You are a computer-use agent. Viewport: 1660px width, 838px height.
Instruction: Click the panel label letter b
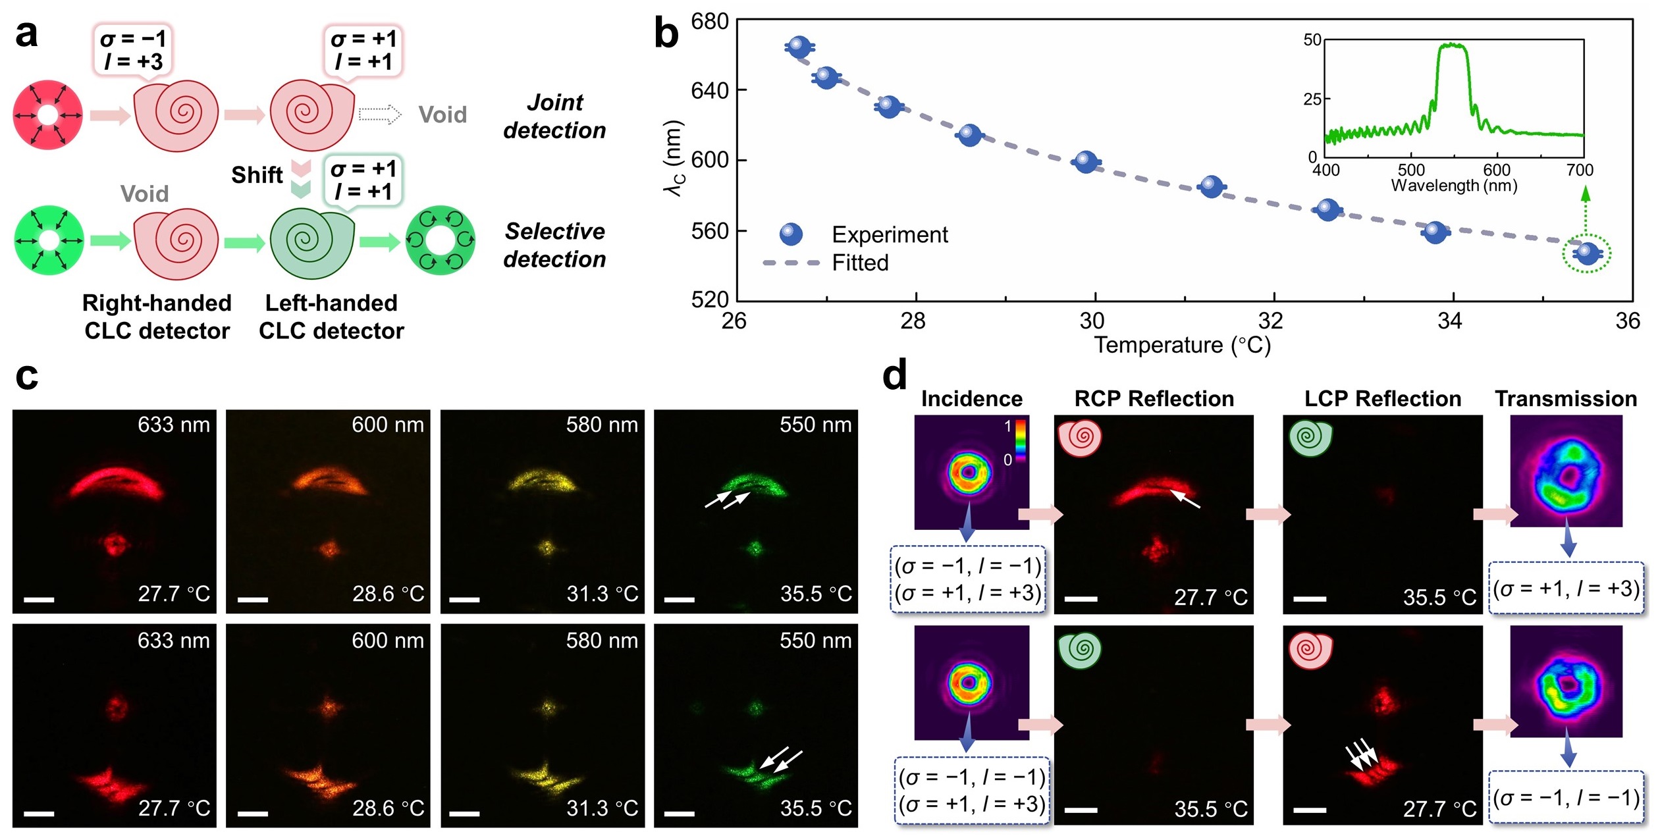pyautogui.click(x=666, y=34)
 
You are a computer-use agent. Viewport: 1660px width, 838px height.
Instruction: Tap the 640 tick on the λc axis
pyautogui.click(x=709, y=90)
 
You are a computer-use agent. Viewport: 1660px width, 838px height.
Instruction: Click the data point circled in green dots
pyautogui.click(x=1587, y=253)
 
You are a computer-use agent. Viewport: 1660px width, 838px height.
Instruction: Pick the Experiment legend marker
pyautogui.click(x=791, y=234)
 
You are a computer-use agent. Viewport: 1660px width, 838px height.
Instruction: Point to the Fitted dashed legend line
pyautogui.click(x=791, y=263)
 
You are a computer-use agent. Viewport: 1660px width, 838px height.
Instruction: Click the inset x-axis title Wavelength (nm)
pyautogui.click(x=1454, y=186)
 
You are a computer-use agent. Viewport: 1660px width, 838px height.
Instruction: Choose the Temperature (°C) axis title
pyautogui.click(x=1182, y=345)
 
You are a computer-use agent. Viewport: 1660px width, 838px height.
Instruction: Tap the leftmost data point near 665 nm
pyautogui.click(x=799, y=47)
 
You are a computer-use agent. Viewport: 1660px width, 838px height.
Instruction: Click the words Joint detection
pyautogui.click(x=554, y=117)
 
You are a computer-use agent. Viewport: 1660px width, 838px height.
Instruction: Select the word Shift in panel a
pyautogui.click(x=257, y=175)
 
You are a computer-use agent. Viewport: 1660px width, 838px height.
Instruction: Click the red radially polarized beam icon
pyautogui.click(x=48, y=115)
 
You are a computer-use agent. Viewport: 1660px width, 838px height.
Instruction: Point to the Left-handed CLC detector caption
pyautogui.click(x=331, y=317)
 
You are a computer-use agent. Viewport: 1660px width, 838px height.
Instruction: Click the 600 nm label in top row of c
pyautogui.click(x=387, y=425)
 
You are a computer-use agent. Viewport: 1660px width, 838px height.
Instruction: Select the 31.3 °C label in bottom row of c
pyautogui.click(x=602, y=808)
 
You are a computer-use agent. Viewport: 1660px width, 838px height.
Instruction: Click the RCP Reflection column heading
pyautogui.click(x=1154, y=399)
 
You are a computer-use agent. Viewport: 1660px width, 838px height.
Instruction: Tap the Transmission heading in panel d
pyautogui.click(x=1565, y=399)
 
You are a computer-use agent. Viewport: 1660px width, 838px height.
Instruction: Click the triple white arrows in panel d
pyautogui.click(x=1361, y=755)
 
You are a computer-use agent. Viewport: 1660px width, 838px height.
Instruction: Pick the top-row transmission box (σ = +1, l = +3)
pyautogui.click(x=1566, y=588)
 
